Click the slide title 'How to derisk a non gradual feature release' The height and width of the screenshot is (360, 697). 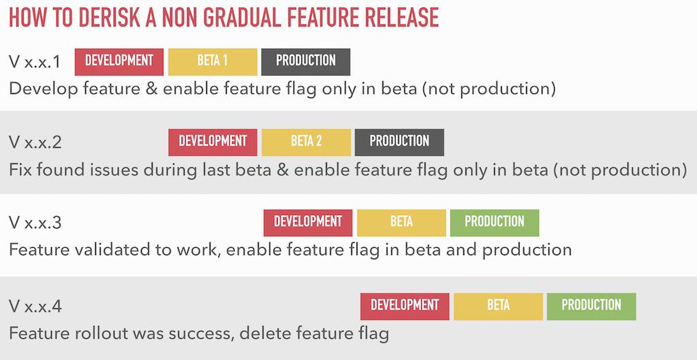224,18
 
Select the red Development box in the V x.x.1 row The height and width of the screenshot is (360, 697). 119,61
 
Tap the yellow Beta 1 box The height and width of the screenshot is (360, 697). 212,61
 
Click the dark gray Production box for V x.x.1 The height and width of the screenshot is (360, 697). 306,61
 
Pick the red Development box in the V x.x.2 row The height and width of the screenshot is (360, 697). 212,142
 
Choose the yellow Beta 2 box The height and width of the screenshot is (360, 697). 306,142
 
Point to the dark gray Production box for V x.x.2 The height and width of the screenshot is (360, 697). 399,142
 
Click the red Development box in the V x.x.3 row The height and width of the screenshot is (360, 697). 308,223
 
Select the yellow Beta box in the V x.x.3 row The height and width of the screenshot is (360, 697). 402,223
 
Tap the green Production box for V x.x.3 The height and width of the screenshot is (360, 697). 494,223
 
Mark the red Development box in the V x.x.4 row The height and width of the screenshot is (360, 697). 404,306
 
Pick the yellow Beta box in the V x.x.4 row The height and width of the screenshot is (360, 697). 498,306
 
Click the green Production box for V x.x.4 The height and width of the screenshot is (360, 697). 591,306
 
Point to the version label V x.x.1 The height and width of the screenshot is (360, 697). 35,63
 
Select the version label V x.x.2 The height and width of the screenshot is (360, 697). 35,143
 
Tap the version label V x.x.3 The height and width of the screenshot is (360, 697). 35,223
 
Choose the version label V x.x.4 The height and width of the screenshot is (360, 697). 35,307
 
